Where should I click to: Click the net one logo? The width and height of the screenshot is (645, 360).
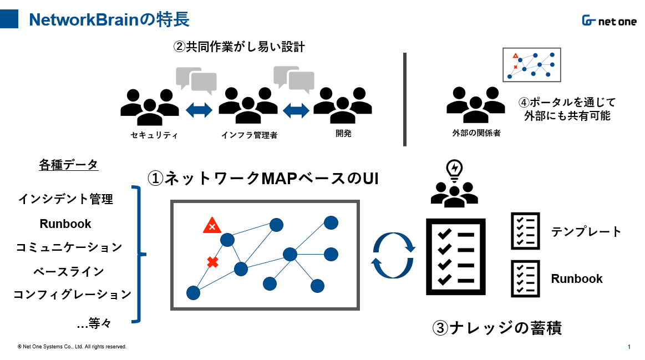pos(609,21)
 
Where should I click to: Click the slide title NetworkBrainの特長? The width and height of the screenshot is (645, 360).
pos(109,19)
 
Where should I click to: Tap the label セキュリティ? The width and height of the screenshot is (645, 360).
pos(154,135)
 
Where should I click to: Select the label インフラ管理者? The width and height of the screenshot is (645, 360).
pos(249,135)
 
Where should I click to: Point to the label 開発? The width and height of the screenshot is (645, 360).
pos(343,133)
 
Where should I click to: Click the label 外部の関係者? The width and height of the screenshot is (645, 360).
pos(476,133)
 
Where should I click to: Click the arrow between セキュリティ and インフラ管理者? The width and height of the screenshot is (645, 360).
pos(199,110)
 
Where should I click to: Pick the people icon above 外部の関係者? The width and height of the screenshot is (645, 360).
pos(475,104)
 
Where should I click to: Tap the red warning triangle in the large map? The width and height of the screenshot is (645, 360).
pos(212,225)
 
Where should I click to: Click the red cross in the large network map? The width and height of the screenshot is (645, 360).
pos(212,262)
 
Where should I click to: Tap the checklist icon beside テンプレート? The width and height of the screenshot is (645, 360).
pos(525,231)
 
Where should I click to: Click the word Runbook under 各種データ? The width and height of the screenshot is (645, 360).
pos(65,224)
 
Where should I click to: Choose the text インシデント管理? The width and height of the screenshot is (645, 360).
pos(66,199)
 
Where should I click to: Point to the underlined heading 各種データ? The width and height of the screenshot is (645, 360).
pos(68,165)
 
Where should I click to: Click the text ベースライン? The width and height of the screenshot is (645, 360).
pos(69,272)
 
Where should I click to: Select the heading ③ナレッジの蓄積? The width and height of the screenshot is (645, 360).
pos(497,328)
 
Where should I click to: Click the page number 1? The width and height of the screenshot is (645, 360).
pos(629,347)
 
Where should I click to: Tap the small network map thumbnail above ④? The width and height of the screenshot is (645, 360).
pos(531,64)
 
